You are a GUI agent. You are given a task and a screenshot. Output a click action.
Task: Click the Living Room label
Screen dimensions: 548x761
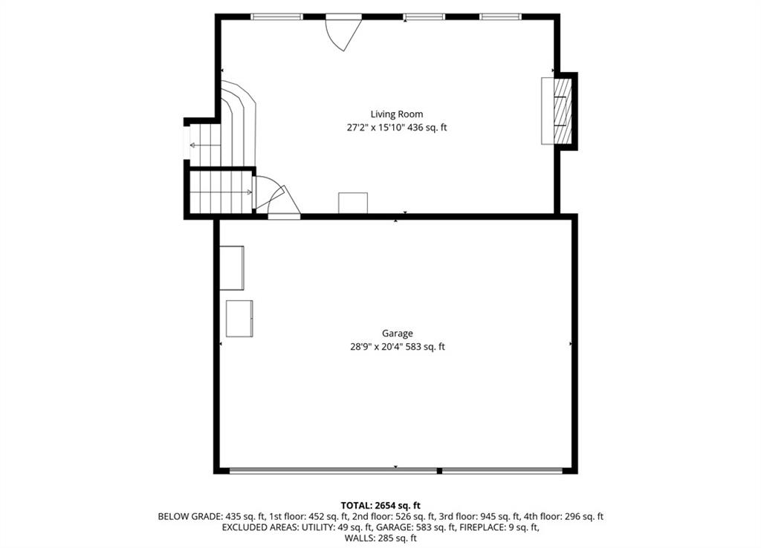(x=397, y=114)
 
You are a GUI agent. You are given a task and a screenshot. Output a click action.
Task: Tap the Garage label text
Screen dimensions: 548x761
(x=398, y=333)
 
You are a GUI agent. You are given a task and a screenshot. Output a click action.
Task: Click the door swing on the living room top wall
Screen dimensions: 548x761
(x=342, y=33)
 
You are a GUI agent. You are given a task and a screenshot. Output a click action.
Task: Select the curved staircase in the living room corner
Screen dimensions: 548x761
(x=239, y=123)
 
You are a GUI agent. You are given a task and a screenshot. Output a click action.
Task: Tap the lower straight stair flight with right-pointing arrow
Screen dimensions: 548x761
(x=221, y=192)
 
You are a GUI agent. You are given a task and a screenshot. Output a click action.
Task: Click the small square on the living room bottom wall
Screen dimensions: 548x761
(x=353, y=203)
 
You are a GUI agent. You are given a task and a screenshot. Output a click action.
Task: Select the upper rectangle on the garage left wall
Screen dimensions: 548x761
(x=232, y=268)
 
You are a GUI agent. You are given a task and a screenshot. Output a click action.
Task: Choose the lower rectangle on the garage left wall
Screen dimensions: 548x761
(x=239, y=319)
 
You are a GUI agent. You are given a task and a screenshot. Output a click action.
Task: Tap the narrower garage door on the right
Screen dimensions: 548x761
(x=502, y=470)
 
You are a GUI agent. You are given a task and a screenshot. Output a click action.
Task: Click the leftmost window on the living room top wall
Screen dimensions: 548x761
(x=277, y=16)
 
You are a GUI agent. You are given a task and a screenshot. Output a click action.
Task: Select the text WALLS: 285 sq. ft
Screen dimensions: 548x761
(x=380, y=538)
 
